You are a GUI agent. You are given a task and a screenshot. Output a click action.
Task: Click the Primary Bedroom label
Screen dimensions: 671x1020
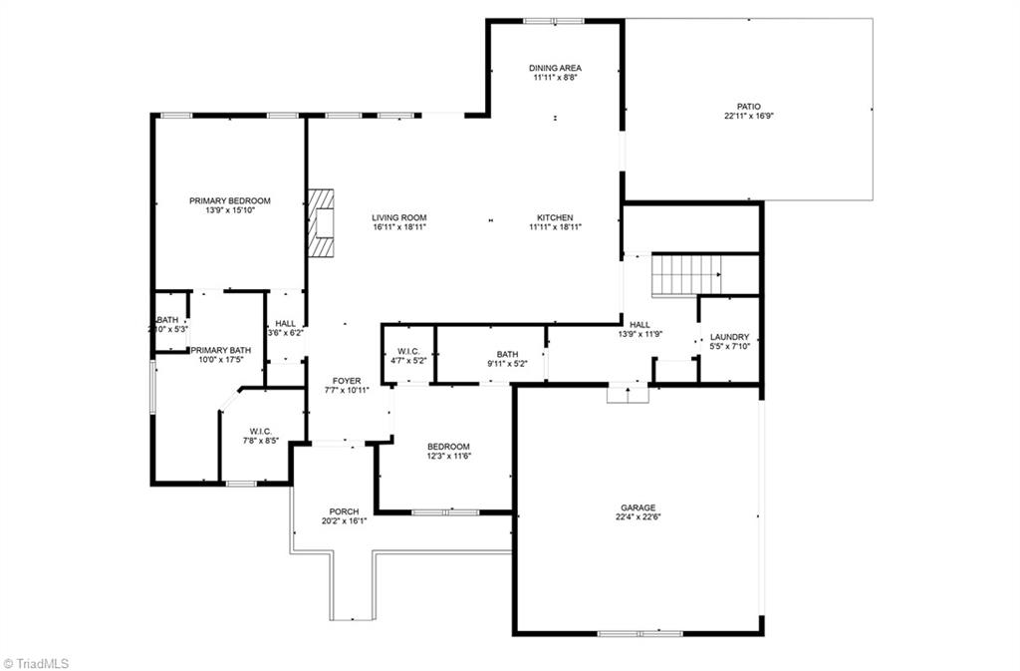(x=230, y=200)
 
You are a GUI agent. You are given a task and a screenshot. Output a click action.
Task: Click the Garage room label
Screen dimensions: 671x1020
(x=638, y=507)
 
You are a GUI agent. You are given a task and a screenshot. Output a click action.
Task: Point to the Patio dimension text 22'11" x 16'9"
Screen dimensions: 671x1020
(x=749, y=116)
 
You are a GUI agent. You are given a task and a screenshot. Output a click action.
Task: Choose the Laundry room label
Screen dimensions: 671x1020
(x=729, y=337)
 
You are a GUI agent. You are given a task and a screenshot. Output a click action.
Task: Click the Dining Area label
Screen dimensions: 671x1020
(x=555, y=68)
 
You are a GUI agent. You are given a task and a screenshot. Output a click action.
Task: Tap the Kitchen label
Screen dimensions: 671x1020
(x=555, y=217)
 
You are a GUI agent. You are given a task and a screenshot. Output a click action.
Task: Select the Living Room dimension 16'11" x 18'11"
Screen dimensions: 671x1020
(x=399, y=227)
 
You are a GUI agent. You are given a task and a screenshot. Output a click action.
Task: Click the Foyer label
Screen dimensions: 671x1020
(x=347, y=381)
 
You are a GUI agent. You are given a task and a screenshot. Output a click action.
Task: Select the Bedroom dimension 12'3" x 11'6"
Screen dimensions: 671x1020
(x=448, y=456)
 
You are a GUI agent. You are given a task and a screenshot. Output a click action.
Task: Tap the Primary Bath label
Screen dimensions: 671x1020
(x=221, y=350)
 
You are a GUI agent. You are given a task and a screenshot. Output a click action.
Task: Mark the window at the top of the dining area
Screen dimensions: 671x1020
(x=555, y=20)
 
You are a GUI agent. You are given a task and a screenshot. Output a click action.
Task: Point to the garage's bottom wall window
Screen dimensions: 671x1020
(x=639, y=633)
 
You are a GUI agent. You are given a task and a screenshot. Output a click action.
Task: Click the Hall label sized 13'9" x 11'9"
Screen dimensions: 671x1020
(x=639, y=324)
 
